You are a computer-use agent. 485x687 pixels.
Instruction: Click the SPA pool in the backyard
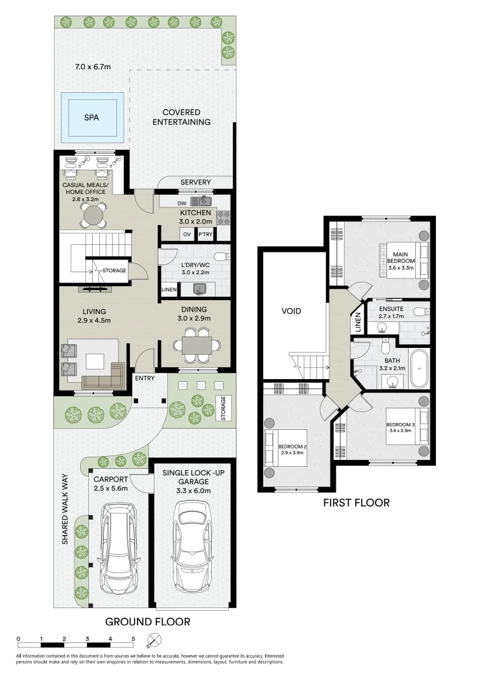pyautogui.click(x=92, y=116)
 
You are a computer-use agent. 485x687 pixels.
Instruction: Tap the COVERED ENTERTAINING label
pyautogui.click(x=181, y=117)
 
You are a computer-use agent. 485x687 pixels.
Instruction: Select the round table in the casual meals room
pyautogui.click(x=93, y=215)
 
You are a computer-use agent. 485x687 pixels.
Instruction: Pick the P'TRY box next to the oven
pyautogui.click(x=205, y=234)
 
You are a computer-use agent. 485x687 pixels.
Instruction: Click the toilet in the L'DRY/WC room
pyautogui.click(x=219, y=256)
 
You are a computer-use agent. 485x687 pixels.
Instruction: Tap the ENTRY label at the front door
pyautogui.click(x=144, y=378)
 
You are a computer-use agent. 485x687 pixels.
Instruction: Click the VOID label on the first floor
pyautogui.click(x=291, y=312)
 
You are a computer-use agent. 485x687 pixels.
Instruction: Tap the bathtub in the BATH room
pyautogui.click(x=420, y=369)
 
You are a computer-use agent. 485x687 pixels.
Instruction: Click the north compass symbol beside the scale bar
pyautogui.click(x=153, y=640)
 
